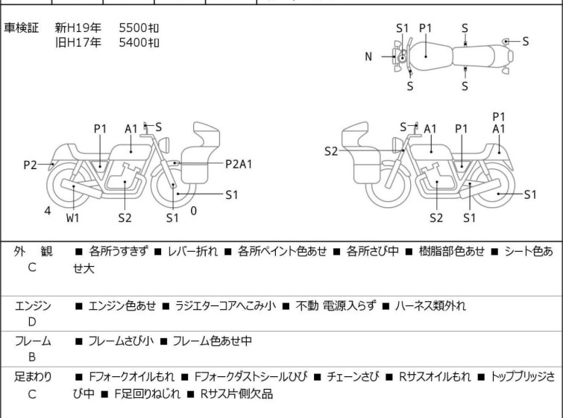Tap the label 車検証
[26, 28]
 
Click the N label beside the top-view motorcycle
[368, 57]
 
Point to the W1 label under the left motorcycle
[72, 218]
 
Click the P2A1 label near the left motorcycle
[239, 163]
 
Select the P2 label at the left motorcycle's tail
[30, 165]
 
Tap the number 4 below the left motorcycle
[48, 211]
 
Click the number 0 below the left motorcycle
[194, 211]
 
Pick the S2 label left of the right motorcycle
[331, 151]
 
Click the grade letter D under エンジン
[31, 322]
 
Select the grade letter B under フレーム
[31, 358]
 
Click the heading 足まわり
[33, 378]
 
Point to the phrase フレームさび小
[121, 341]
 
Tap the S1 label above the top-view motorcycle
[403, 28]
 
